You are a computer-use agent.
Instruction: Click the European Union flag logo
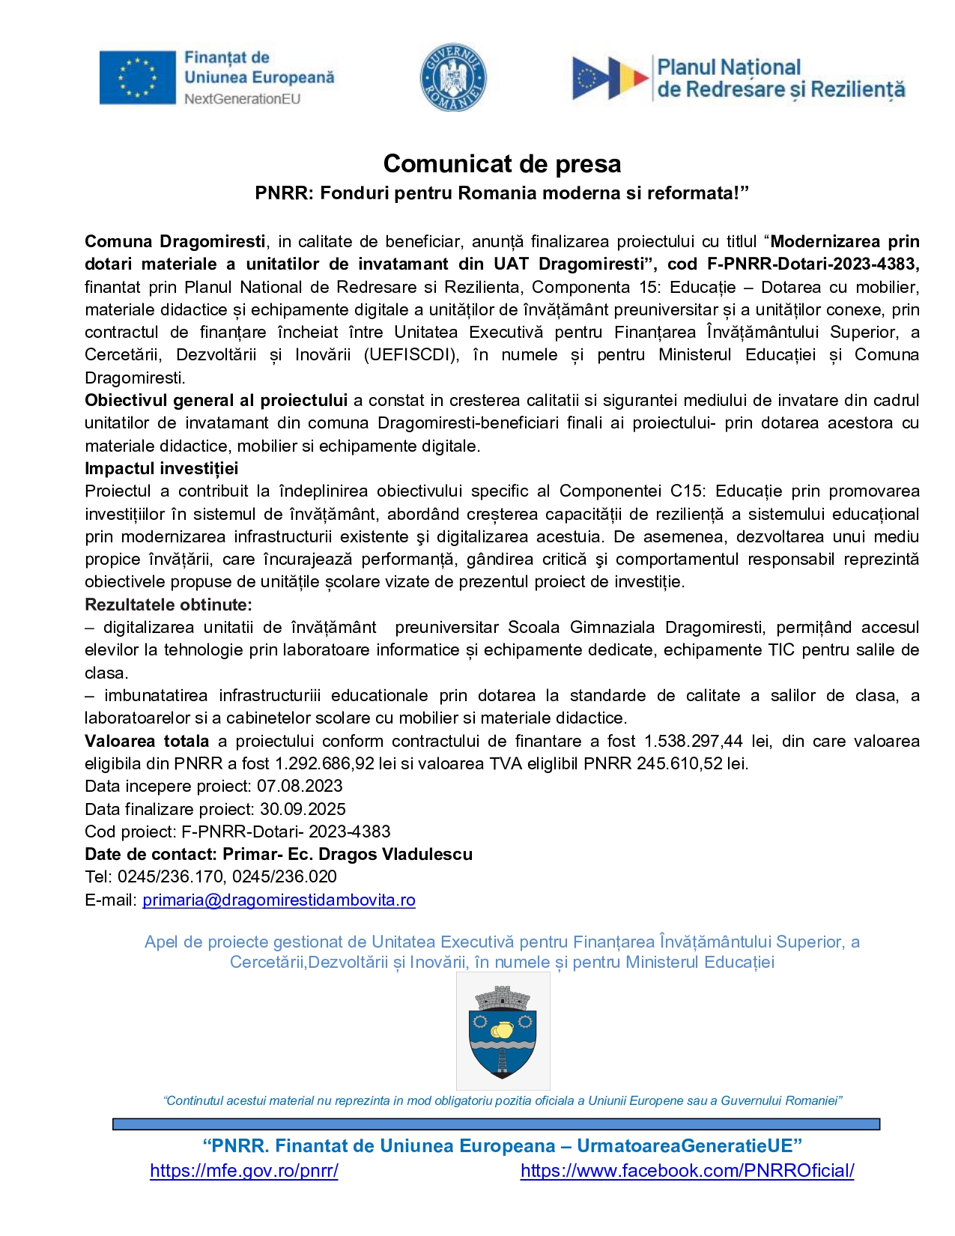point(136,77)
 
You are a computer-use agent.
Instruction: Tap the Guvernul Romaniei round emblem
point(453,77)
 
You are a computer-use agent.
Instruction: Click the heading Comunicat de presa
point(502,163)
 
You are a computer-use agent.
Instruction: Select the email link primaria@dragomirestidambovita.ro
point(279,900)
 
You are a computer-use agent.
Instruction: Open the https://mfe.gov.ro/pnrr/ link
point(244,1171)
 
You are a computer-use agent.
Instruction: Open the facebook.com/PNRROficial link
point(687,1171)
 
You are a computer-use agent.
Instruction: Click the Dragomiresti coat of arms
point(503,1031)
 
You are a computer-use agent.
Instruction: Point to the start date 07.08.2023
point(300,786)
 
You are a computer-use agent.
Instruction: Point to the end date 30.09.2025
point(303,809)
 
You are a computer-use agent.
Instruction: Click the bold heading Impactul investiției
point(161,469)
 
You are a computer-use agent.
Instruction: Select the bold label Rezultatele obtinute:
point(169,605)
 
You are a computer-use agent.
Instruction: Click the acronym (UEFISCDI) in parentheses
point(411,355)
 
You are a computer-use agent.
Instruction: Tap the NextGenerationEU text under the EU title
point(242,99)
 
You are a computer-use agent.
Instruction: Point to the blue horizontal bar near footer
point(496,1124)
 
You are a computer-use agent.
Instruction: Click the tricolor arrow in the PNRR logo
point(610,78)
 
